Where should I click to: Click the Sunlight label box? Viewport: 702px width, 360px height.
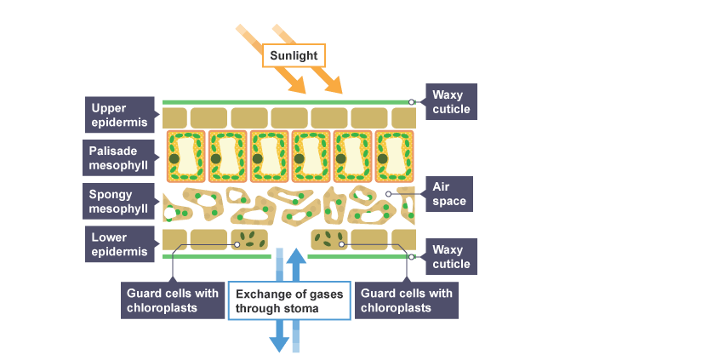[x=293, y=56]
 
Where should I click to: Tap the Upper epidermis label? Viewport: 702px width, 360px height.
[x=121, y=115]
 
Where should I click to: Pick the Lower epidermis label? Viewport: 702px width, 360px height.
[x=121, y=243]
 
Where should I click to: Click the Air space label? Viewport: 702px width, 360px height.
[x=448, y=194]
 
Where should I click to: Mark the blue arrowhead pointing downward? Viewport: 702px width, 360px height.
[x=279, y=342]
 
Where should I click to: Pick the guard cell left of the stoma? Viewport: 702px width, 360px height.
[x=250, y=238]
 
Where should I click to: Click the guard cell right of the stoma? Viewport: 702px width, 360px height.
[x=329, y=238]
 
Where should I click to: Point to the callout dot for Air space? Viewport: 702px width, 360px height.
[x=388, y=194]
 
